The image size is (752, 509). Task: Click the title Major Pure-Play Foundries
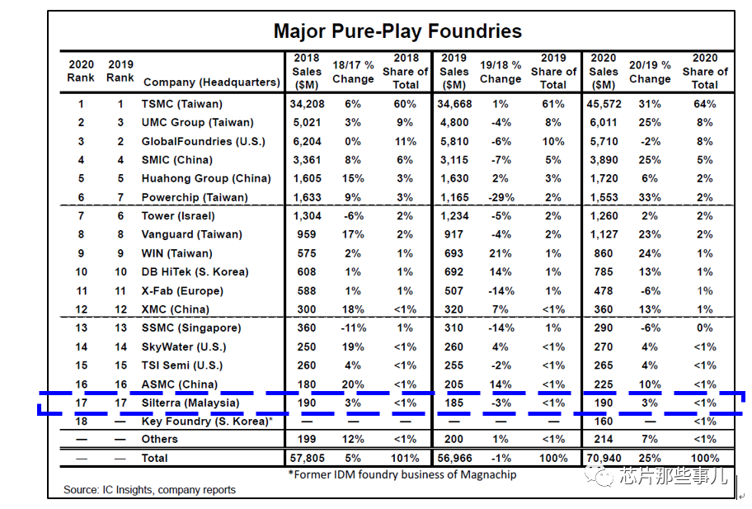(x=397, y=31)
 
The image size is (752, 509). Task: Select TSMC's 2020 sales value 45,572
(x=604, y=104)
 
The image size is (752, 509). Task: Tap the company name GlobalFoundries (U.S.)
(x=203, y=142)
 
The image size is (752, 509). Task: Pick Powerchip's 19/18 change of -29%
(x=501, y=197)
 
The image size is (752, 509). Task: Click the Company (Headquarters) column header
(x=211, y=82)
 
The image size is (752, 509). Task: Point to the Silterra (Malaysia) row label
(x=190, y=403)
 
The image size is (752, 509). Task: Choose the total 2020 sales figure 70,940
(x=604, y=458)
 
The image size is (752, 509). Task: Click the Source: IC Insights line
(x=149, y=490)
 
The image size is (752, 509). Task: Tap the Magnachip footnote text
(x=402, y=474)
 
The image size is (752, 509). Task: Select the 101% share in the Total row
(x=405, y=458)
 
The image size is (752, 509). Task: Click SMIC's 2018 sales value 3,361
(x=307, y=160)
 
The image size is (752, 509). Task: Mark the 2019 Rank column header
(x=120, y=71)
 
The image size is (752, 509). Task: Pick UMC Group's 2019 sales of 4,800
(x=454, y=122)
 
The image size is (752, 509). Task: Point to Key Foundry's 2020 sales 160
(x=604, y=422)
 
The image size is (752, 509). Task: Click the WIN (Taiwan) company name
(x=176, y=253)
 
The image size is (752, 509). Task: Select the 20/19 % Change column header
(x=650, y=72)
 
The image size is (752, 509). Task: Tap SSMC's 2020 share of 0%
(x=704, y=328)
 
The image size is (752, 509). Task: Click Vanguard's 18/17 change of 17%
(x=353, y=234)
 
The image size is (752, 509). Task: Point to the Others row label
(x=159, y=439)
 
